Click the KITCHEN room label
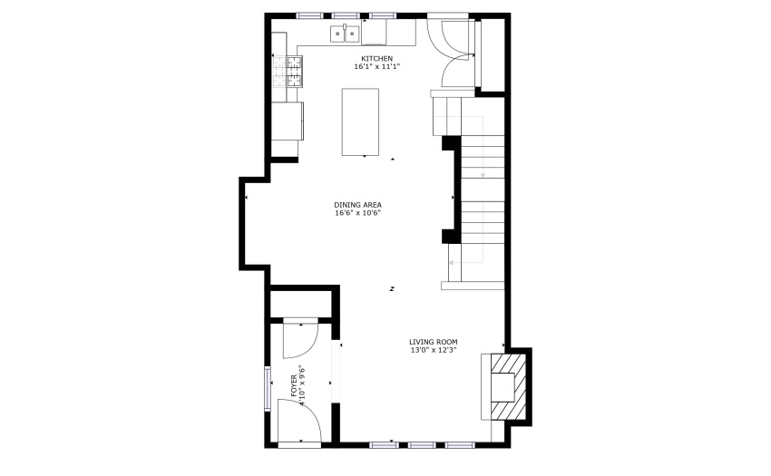pos(377,59)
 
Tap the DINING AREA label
pos(358,205)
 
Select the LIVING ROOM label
pos(434,342)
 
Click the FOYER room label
pos(294,385)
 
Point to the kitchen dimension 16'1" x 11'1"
pos(377,66)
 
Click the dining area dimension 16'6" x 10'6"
pos(358,213)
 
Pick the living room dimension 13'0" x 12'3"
pos(434,350)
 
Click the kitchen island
pos(360,122)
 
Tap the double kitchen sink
pos(345,34)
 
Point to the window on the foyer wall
pos(268,388)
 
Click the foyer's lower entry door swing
pos(299,421)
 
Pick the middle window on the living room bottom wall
pos(422,445)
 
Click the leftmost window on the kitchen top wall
pos(310,15)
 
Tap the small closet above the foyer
pos(301,305)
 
